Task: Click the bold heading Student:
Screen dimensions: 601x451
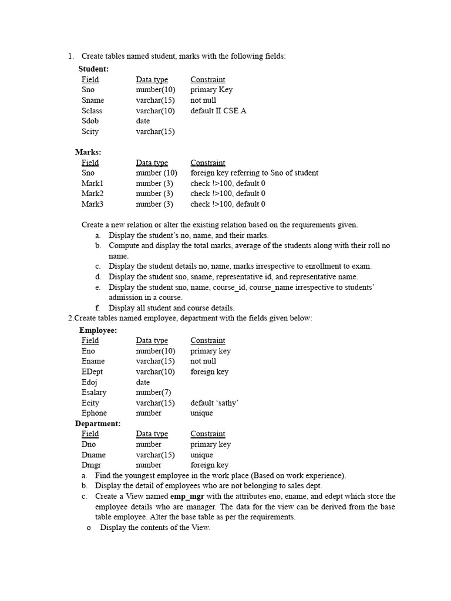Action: [93, 69]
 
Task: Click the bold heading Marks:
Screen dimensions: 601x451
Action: [88, 152]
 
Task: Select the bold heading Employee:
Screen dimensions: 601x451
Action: [98, 330]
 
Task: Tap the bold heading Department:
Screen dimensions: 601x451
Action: [97, 423]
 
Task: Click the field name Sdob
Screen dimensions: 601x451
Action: [90, 121]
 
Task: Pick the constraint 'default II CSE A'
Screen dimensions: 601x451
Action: [218, 110]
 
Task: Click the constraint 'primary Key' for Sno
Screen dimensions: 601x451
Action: [211, 90]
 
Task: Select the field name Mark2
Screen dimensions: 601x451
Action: [92, 193]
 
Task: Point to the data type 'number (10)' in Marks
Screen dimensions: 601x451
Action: [156, 173]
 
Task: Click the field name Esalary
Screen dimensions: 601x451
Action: [94, 392]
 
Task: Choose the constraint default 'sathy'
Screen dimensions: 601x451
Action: [214, 403]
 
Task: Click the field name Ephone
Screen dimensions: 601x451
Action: [94, 413]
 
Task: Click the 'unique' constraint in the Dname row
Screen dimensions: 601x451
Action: [201, 455]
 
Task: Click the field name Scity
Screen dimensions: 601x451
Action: [90, 131]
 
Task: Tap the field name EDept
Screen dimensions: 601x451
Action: [93, 372]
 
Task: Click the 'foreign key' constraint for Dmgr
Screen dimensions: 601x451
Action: [209, 465]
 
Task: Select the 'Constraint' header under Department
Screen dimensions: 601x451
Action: [207, 434]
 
